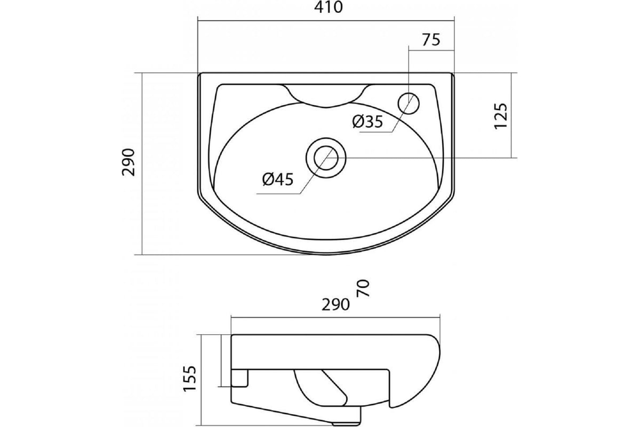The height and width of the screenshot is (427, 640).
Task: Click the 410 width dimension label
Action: click(329, 7)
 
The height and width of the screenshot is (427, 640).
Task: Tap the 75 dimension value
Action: click(431, 39)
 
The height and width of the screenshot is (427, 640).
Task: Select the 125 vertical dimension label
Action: click(501, 116)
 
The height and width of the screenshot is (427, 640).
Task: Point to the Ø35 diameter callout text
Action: click(367, 122)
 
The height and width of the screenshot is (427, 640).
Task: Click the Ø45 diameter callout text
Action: click(278, 180)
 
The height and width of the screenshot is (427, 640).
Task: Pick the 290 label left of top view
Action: click(129, 162)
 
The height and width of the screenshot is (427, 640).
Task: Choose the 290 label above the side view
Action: click(335, 305)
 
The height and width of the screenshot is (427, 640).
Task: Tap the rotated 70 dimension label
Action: click(364, 288)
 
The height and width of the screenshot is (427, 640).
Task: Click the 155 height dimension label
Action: click(190, 378)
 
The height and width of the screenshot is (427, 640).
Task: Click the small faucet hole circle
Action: click(409, 104)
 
